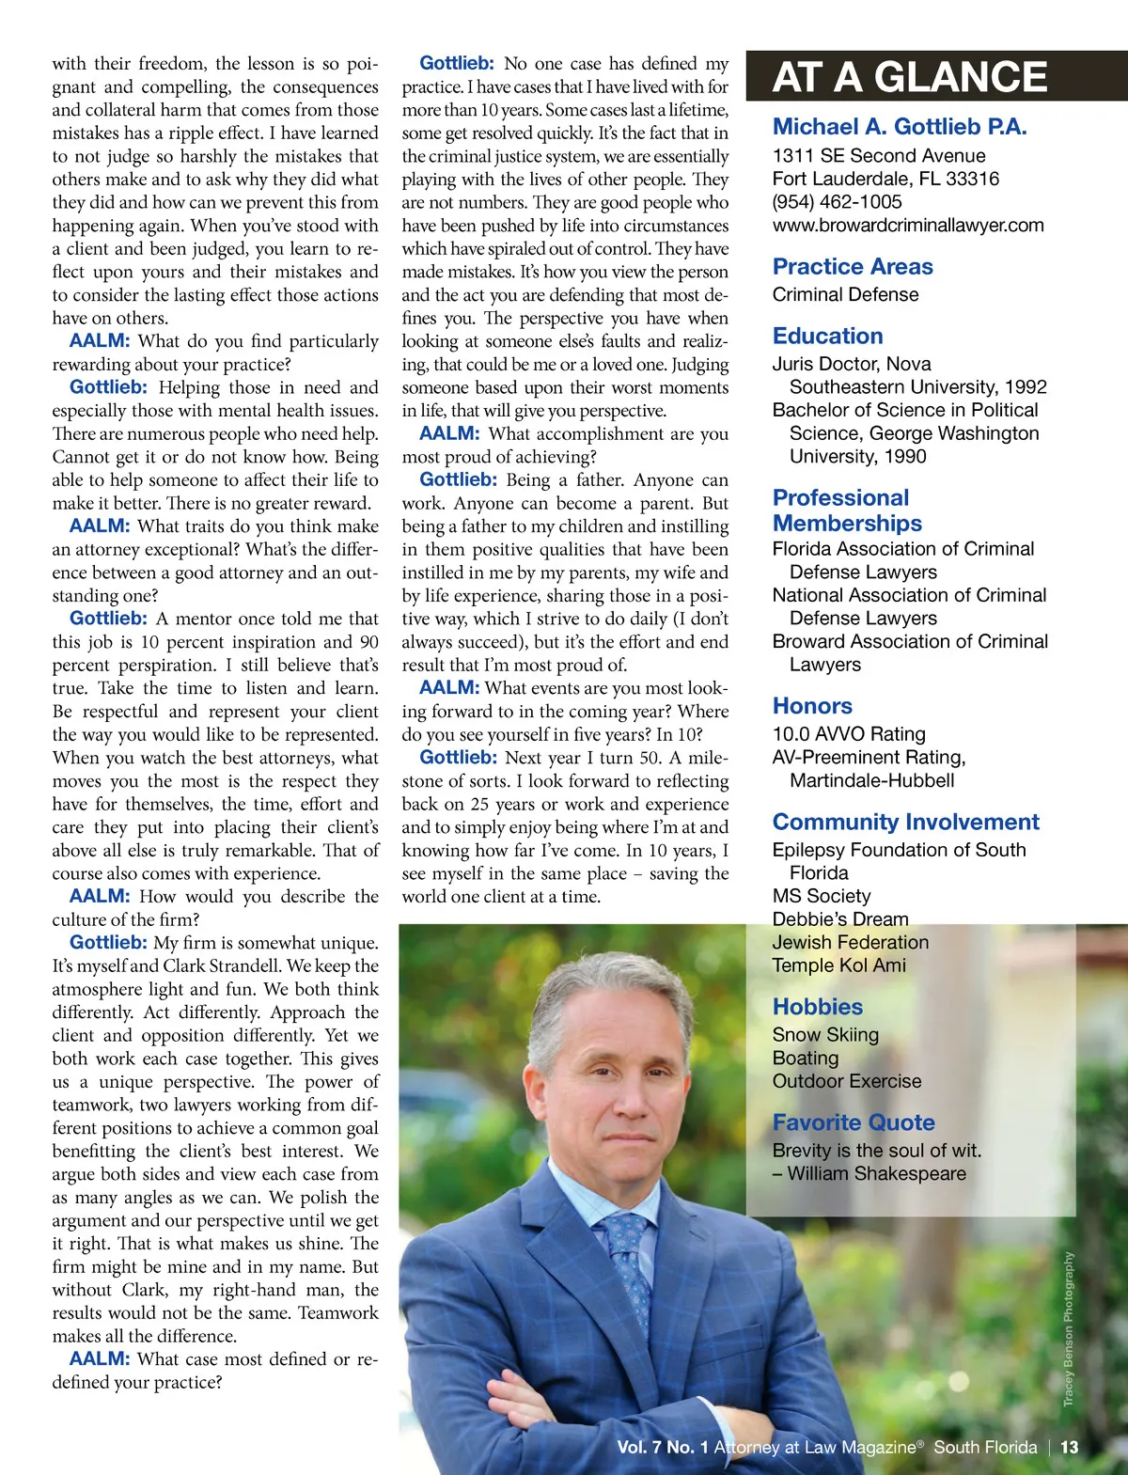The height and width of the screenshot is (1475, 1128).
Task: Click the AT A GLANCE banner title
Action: tap(909, 77)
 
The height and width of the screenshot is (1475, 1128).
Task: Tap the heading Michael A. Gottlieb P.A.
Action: tap(900, 127)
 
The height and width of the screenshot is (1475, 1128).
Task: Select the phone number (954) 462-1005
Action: tap(837, 202)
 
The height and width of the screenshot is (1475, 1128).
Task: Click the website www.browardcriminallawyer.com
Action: tap(908, 226)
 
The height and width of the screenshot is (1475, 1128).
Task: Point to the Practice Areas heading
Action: tap(853, 267)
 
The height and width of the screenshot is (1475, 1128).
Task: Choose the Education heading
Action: tap(827, 337)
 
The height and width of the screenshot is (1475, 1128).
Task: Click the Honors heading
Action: tap(812, 706)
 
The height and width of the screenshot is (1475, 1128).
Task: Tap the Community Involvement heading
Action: tap(905, 823)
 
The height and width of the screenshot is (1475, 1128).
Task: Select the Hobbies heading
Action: tap(817, 1007)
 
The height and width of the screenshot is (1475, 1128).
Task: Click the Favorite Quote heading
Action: tap(854, 1122)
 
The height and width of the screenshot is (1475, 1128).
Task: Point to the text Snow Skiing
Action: tap(825, 1035)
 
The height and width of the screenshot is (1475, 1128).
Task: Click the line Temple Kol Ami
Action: tap(838, 965)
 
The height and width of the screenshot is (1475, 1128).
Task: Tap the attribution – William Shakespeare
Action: tap(869, 1174)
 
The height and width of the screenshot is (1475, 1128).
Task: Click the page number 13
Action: tap(1069, 1448)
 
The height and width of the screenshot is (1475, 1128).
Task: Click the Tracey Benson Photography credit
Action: tap(1068, 1329)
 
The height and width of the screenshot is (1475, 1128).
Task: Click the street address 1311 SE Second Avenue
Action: tap(879, 156)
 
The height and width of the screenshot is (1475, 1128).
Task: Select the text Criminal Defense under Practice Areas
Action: tap(845, 295)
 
